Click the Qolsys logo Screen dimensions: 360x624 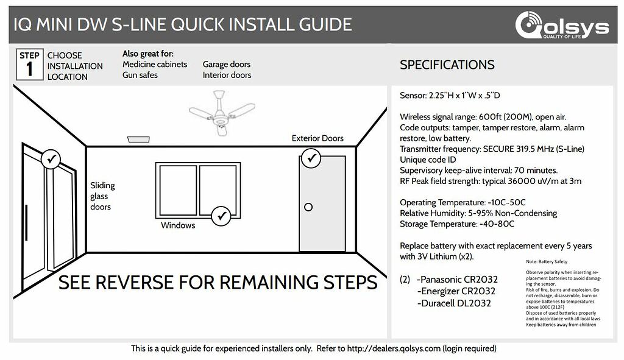pos(561,26)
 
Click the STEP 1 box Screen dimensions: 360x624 pos(29,65)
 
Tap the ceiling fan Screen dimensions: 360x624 pos(221,114)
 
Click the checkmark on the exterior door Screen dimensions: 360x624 pos(313,158)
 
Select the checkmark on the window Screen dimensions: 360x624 pos(221,216)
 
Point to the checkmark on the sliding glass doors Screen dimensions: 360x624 pos(51,160)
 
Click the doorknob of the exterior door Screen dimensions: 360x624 pos(308,207)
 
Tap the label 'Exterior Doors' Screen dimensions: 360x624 pos(317,138)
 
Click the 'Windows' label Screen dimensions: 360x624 pos(178,225)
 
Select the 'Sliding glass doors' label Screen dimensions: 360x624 pos(102,196)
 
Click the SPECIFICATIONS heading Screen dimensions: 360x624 pos(447,65)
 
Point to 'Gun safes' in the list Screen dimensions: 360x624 pos(140,75)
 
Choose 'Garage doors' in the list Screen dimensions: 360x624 pos(227,64)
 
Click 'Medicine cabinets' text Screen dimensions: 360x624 pos(155,64)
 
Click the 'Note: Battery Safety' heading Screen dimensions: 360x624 pos(546,261)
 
